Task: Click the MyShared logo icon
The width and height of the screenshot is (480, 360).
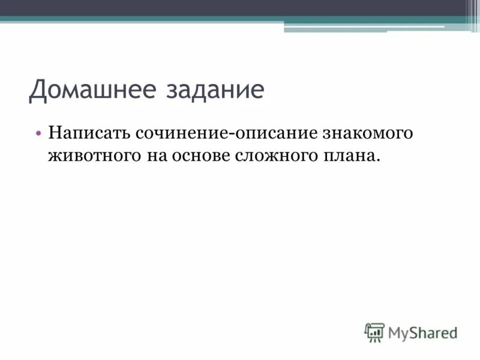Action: coord(374,331)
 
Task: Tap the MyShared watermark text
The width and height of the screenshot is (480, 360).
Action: coord(422,331)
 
